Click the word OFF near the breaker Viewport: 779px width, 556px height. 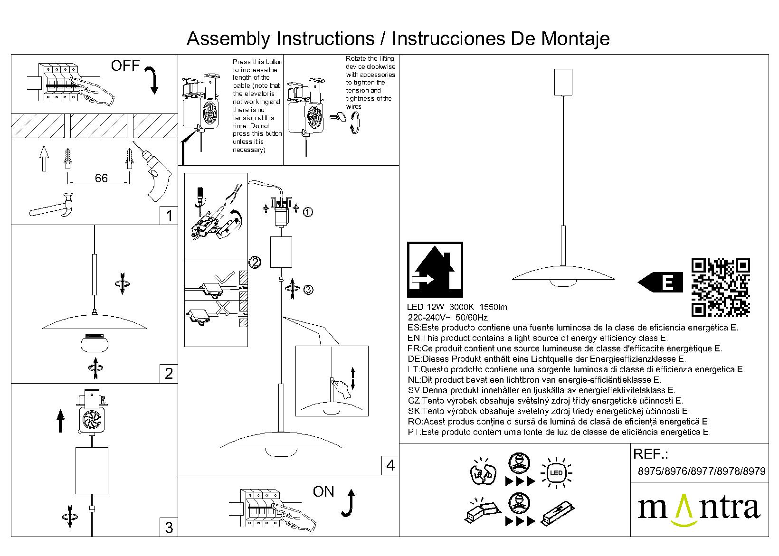[125, 66]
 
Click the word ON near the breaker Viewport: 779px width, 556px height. [323, 492]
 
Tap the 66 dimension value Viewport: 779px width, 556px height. [101, 179]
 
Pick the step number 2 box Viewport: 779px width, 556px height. [169, 374]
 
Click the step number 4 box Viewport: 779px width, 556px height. [390, 465]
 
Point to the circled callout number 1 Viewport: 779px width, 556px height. [308, 212]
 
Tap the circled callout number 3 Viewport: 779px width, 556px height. [308, 290]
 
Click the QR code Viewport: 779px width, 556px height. [721, 288]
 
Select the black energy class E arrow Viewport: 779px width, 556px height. [660, 283]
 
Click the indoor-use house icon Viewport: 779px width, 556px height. [435, 270]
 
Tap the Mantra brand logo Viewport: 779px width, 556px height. [698, 509]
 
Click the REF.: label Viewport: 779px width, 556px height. [651, 454]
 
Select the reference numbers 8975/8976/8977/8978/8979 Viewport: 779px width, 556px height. [701, 471]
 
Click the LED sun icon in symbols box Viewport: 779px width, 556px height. [556, 473]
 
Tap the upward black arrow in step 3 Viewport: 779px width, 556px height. [60, 421]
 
